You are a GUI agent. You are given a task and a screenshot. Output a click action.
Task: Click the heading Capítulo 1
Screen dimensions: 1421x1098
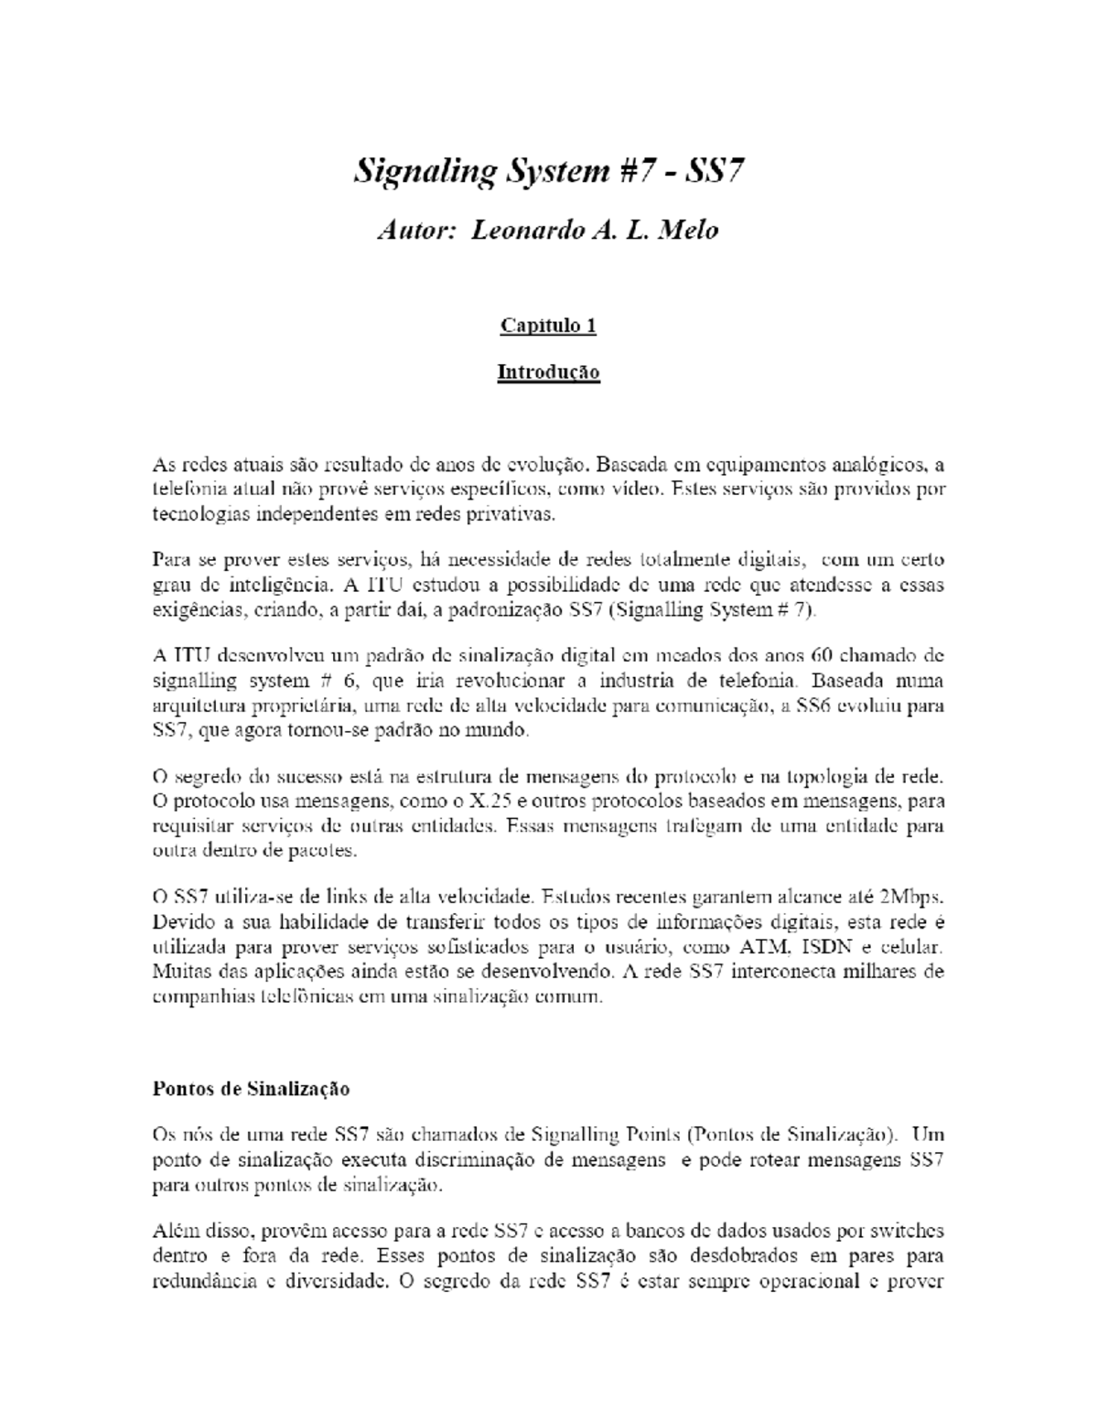pos(548,326)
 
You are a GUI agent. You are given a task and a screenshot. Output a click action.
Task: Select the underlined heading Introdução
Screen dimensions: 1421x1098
pos(548,372)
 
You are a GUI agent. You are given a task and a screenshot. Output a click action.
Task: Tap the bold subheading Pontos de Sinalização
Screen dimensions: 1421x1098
pos(251,1089)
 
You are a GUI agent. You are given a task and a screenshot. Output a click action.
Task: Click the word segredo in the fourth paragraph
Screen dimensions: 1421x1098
pos(205,777)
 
